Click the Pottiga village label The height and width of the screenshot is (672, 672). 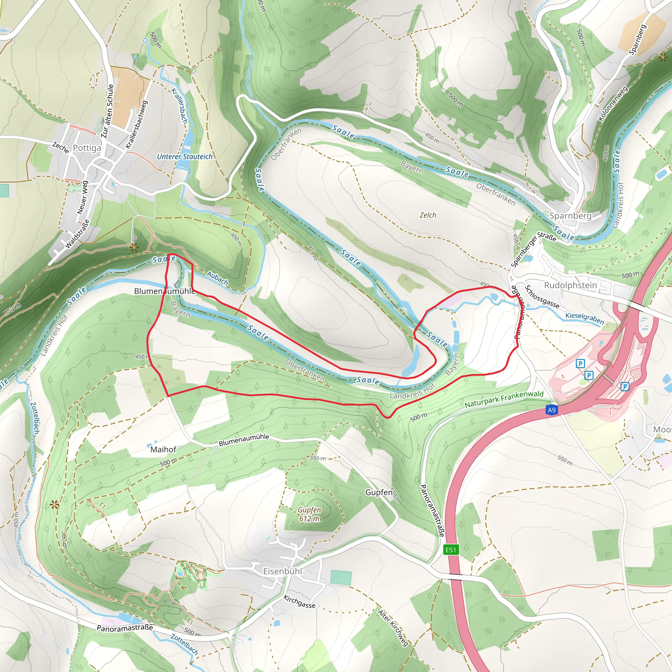click(x=87, y=148)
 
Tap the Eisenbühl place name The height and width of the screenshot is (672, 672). click(x=283, y=571)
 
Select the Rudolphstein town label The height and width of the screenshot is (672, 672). click(x=570, y=285)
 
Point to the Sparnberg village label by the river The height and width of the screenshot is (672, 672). click(x=570, y=216)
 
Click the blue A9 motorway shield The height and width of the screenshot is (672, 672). click(x=552, y=410)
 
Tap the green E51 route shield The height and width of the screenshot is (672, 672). click(x=451, y=550)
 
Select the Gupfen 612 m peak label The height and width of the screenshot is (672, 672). click(x=309, y=514)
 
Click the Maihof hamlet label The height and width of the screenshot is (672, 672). click(x=163, y=450)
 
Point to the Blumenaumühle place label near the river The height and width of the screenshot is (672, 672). click(x=164, y=291)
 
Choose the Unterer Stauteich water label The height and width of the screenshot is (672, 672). click(x=185, y=157)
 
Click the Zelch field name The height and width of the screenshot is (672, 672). click(x=428, y=215)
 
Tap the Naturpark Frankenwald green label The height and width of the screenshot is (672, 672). click(x=504, y=399)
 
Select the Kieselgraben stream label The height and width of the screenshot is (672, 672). click(x=585, y=318)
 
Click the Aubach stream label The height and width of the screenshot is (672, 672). click(x=218, y=278)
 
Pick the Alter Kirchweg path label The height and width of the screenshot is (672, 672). click(x=393, y=628)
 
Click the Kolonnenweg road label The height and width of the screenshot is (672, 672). click(x=613, y=103)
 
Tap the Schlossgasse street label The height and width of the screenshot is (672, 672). click(x=542, y=297)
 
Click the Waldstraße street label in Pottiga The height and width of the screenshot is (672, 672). click(x=77, y=234)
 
